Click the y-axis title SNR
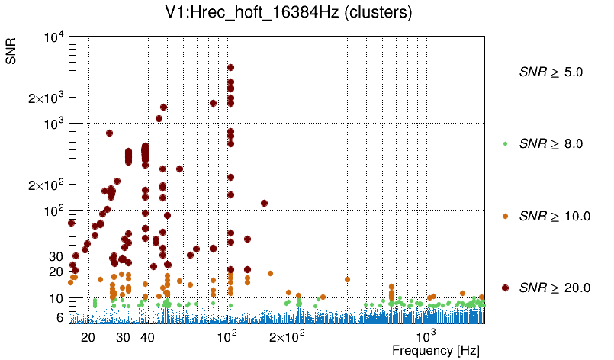tap(12, 51)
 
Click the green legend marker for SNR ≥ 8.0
tap(506, 143)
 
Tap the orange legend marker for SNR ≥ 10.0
tap(506, 216)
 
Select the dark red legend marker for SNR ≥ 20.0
tap(506, 288)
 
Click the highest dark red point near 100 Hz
tap(230, 68)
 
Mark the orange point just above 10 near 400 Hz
tap(347, 279)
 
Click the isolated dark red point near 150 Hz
tap(264, 203)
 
